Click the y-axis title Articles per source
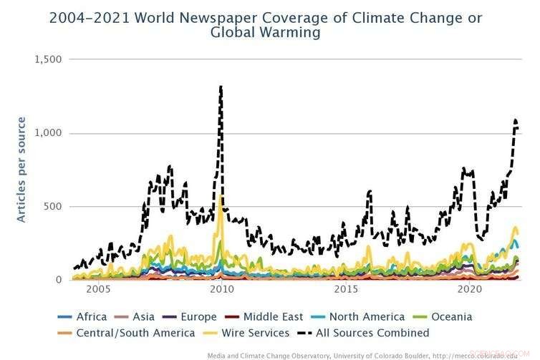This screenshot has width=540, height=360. (x=21, y=169)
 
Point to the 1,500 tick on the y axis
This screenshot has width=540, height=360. (x=48, y=59)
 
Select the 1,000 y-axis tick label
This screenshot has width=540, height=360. (x=48, y=133)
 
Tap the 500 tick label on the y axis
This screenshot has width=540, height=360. (x=54, y=207)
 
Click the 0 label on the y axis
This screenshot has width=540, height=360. (x=59, y=280)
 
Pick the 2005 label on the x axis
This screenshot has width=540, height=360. (x=97, y=290)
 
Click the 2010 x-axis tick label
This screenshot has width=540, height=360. (x=221, y=290)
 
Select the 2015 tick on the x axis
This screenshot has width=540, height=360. (x=346, y=290)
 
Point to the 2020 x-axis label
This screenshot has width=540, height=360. (x=470, y=290)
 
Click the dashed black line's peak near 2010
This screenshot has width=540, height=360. (x=221, y=87)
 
